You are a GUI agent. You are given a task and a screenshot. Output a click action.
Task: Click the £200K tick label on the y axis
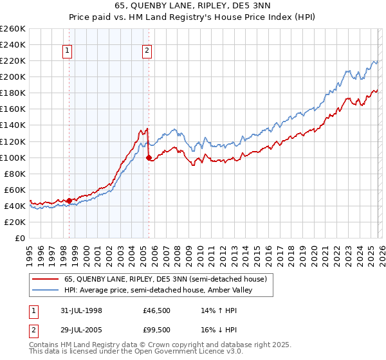(13, 76)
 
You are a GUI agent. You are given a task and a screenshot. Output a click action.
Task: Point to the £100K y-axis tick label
(13, 157)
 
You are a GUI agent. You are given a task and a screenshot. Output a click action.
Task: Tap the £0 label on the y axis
(20, 238)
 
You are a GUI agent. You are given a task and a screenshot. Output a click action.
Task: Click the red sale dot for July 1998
(69, 201)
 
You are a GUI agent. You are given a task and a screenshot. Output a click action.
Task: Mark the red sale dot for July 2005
(149, 157)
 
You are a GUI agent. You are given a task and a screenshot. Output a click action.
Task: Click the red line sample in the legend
(45, 279)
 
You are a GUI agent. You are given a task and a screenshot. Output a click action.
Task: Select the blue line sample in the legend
(45, 290)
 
